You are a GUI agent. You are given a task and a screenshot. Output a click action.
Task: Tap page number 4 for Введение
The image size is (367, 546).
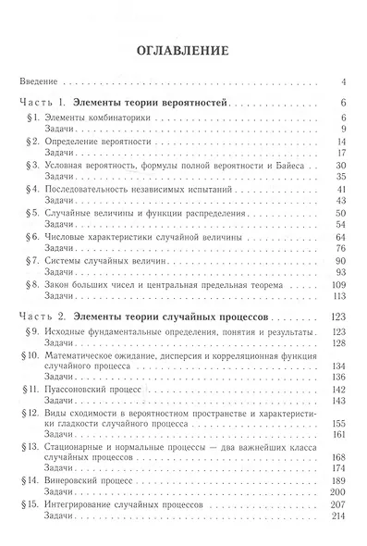pos(342,82)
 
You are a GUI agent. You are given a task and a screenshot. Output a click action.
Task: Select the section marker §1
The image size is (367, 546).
pos(31,118)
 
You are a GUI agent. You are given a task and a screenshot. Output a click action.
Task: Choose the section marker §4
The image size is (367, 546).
pos(31,190)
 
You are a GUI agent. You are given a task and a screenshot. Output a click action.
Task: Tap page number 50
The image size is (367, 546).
pos(339,214)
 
